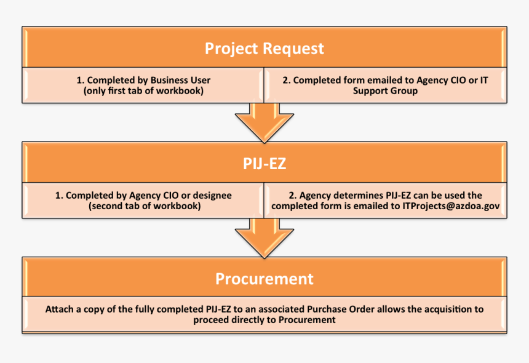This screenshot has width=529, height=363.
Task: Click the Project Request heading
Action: click(x=264, y=48)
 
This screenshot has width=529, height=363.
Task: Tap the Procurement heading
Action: click(x=264, y=279)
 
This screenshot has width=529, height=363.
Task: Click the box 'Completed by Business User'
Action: click(x=143, y=86)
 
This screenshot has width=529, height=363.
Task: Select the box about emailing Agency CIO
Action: click(x=386, y=86)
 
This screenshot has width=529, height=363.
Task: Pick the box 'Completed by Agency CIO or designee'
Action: click(x=143, y=201)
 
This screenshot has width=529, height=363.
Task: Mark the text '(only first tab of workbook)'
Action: click(x=143, y=91)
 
